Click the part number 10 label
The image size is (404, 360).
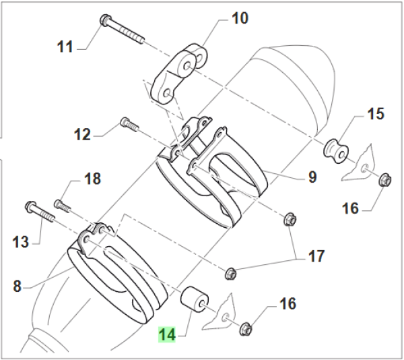pyautogui.click(x=240, y=18)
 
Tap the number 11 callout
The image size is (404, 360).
pyautogui.click(x=65, y=47)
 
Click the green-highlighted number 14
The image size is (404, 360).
pyautogui.click(x=167, y=334)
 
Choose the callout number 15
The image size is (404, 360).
pyautogui.click(x=374, y=113)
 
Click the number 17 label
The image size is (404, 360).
pyautogui.click(x=316, y=256)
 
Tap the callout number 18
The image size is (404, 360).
pyautogui.click(x=92, y=179)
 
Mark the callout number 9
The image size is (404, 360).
pyautogui.click(x=312, y=177)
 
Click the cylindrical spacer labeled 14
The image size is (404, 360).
pyautogui.click(x=193, y=299)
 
